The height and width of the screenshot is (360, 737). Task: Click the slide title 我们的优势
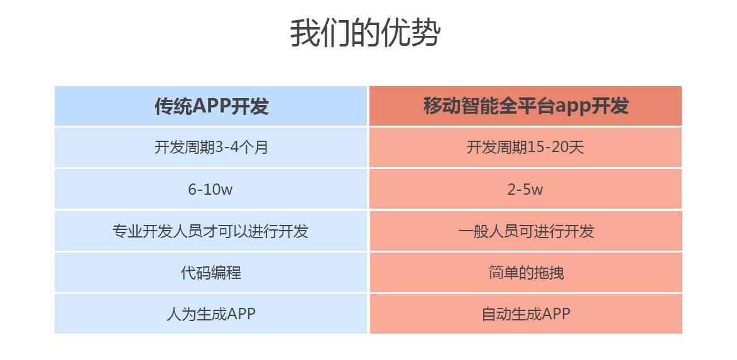[x=365, y=33]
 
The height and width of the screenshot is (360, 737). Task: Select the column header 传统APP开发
[x=212, y=106]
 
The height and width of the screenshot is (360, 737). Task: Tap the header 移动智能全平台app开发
[x=526, y=106]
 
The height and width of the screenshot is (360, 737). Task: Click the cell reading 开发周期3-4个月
[x=211, y=148]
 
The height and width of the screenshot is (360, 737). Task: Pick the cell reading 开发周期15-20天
[x=525, y=148]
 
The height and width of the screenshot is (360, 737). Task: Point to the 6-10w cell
[x=210, y=189]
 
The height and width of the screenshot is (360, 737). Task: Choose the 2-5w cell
[x=525, y=189]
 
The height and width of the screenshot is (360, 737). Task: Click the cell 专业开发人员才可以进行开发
[x=210, y=231]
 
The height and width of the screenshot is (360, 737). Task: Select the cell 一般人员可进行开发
[x=526, y=231]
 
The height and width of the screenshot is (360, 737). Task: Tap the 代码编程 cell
[x=211, y=273]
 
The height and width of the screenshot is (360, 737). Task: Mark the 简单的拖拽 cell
[x=526, y=273]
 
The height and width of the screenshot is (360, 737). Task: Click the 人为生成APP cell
[x=211, y=314]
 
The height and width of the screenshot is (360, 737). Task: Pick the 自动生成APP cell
[x=526, y=314]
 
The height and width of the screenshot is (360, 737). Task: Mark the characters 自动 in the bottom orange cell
[x=496, y=314]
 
